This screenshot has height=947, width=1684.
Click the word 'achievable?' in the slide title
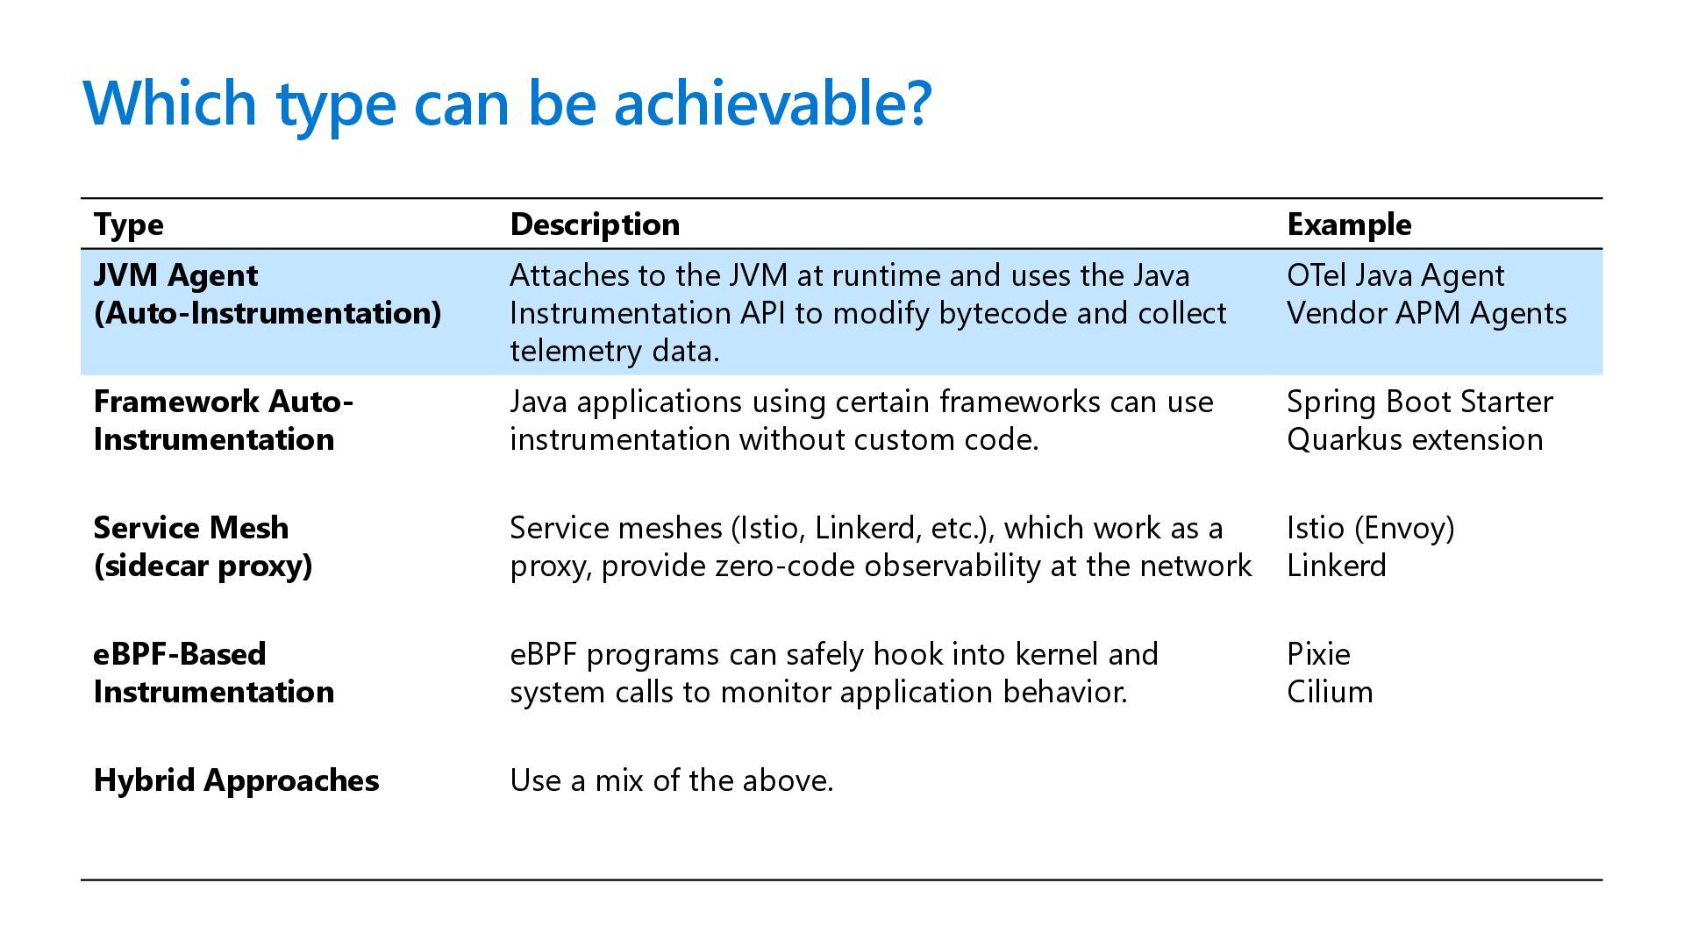(771, 103)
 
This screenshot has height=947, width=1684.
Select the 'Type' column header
(128, 224)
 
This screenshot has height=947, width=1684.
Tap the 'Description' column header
(595, 224)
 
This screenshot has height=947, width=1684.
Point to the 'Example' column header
(1349, 224)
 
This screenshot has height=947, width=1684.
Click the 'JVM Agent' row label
(175, 275)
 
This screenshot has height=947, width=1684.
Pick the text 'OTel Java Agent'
(1395, 275)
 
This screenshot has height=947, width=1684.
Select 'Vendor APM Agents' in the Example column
(1426, 313)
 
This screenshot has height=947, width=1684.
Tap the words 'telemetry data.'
(614, 351)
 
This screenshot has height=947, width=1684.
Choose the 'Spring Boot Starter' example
(1419, 402)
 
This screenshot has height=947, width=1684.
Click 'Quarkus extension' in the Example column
(1415, 439)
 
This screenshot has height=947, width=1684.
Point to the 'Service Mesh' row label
(191, 528)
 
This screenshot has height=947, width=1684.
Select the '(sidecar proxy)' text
(203, 566)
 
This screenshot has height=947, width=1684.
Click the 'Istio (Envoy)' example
(1370, 528)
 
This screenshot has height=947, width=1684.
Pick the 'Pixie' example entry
(1318, 654)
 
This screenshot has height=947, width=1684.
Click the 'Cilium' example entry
(1330, 692)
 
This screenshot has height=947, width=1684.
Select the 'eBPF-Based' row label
(180, 654)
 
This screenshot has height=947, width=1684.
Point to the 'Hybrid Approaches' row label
(236, 780)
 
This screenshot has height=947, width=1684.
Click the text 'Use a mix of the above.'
(671, 780)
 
